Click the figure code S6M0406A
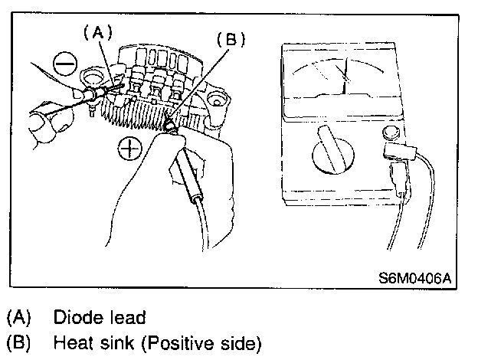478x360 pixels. click(414, 278)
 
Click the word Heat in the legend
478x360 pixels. click(70, 342)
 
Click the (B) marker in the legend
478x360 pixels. click(17, 342)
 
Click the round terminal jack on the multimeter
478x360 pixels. click(390, 135)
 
